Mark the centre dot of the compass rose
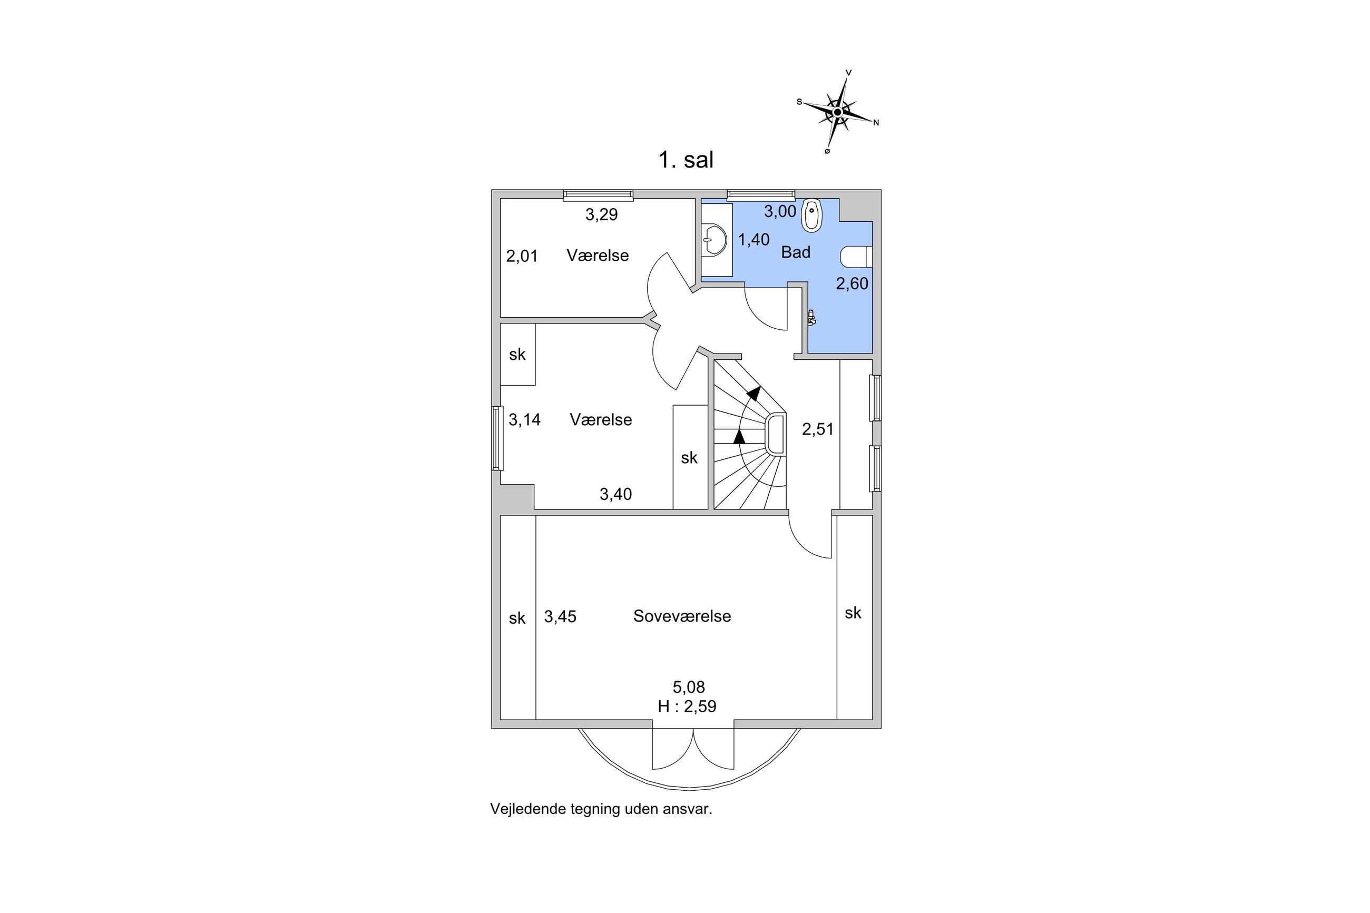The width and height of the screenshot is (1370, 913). [x=837, y=111]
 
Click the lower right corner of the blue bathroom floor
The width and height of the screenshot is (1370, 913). [x=872, y=353]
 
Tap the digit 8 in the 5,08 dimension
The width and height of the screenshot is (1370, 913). [x=700, y=687]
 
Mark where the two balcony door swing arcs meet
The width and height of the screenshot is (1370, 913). [x=693, y=729]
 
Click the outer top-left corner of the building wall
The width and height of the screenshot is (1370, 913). [x=492, y=190]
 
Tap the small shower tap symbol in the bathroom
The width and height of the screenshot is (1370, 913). [x=811, y=317]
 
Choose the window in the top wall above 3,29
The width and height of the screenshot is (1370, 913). [x=598, y=195]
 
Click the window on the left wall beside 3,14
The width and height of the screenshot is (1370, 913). [x=497, y=438]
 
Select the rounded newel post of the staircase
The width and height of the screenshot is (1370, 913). [x=777, y=434]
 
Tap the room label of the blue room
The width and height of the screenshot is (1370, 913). [x=795, y=252]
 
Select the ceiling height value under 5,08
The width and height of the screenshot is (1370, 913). [x=687, y=706]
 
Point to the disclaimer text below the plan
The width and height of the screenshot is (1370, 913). [x=601, y=809]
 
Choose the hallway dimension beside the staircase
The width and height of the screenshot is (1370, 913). [x=817, y=429]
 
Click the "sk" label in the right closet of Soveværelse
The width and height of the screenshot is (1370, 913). [x=853, y=613]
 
